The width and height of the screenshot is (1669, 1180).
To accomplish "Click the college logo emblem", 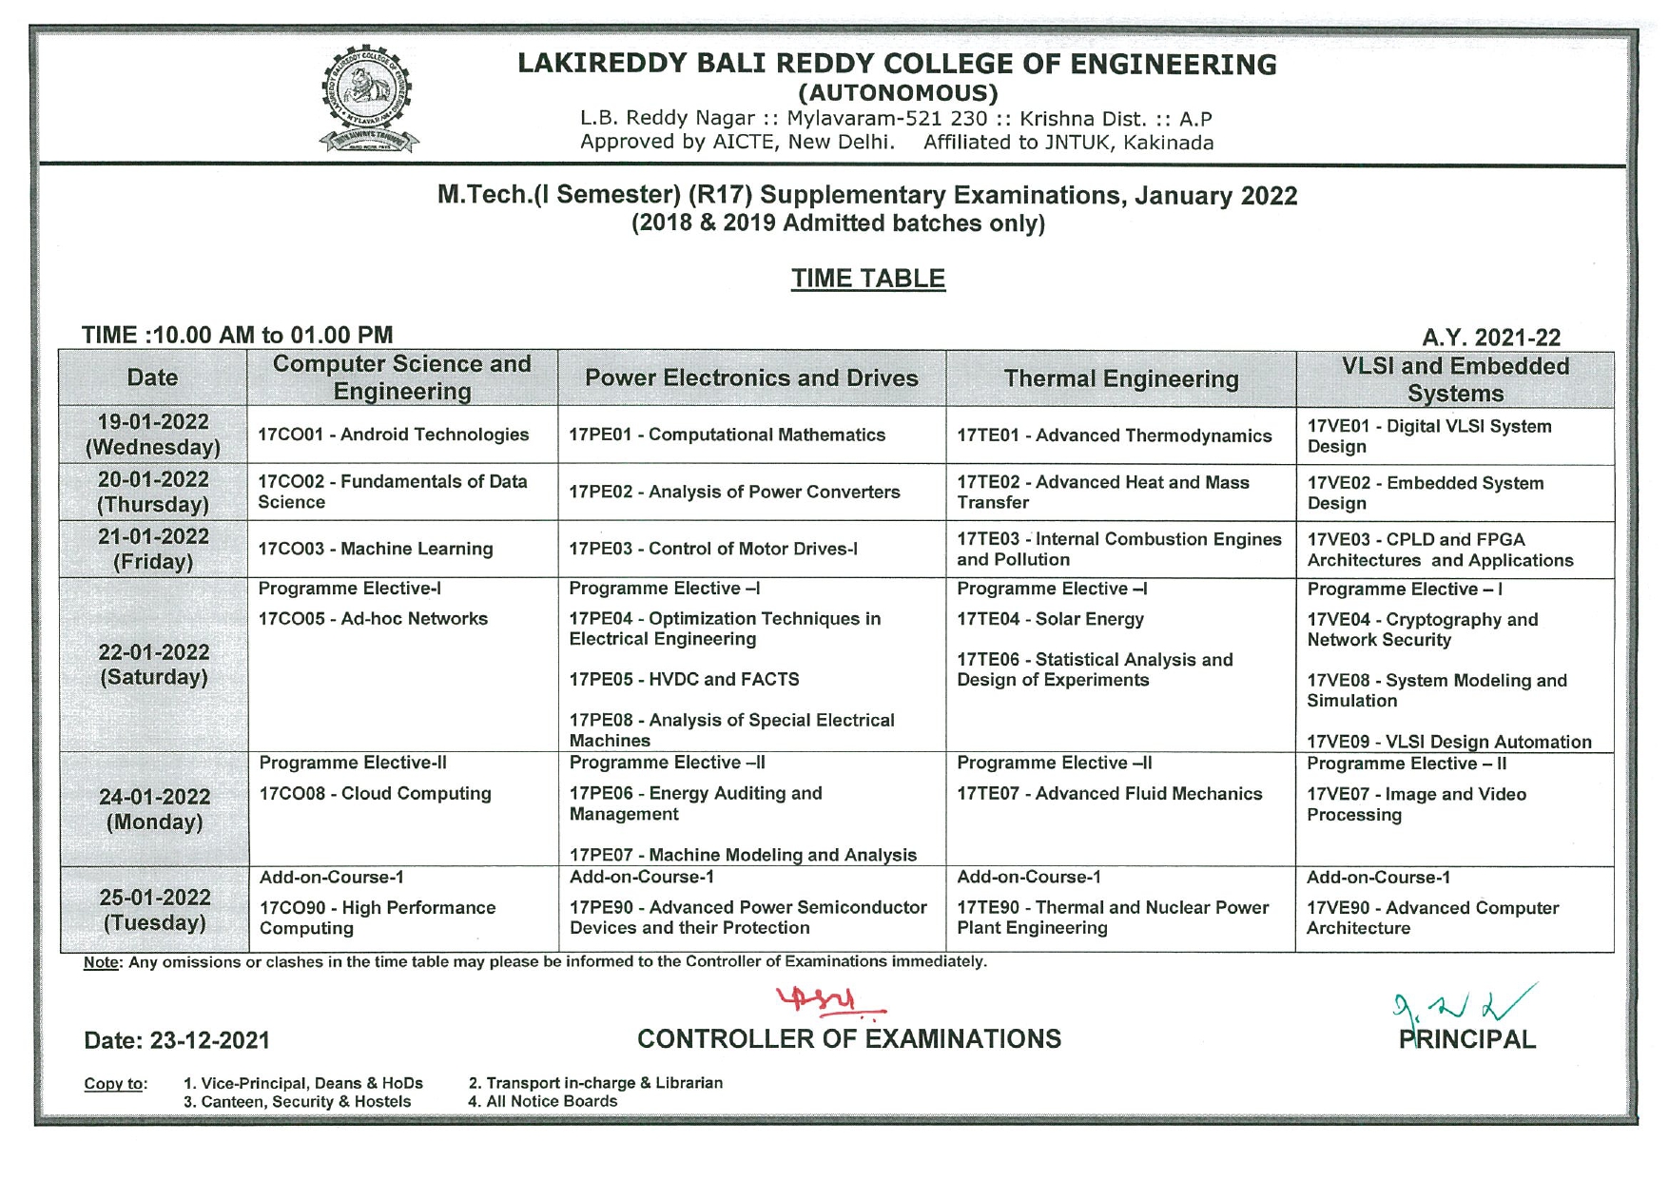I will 367,99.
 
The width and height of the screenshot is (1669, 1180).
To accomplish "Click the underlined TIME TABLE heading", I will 867,279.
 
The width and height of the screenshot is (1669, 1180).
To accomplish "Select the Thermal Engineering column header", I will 1120,379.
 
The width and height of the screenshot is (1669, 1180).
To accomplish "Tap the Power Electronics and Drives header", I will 751,378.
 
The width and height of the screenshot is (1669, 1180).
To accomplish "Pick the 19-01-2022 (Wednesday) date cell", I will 153,435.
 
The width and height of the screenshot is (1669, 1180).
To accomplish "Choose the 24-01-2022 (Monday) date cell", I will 154,809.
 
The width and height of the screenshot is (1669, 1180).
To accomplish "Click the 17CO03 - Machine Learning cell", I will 375,549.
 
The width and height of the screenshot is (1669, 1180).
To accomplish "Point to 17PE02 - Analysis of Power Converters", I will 734,492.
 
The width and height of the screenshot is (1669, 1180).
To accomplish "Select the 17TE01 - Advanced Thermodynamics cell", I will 1114,435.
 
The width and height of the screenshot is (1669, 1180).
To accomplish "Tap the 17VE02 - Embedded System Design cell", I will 1425,493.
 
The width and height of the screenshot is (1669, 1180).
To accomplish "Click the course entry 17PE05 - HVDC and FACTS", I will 684,679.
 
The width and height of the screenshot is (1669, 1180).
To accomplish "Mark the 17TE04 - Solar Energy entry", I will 1050,619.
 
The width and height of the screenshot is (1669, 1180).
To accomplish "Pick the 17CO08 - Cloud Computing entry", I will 375,793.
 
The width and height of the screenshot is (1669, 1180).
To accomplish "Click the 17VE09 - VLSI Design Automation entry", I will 1448,742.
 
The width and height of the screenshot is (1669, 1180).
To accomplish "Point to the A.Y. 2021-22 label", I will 1491,338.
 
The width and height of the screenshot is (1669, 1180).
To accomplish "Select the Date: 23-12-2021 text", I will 177,1040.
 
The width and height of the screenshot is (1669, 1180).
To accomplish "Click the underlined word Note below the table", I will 100,962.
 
